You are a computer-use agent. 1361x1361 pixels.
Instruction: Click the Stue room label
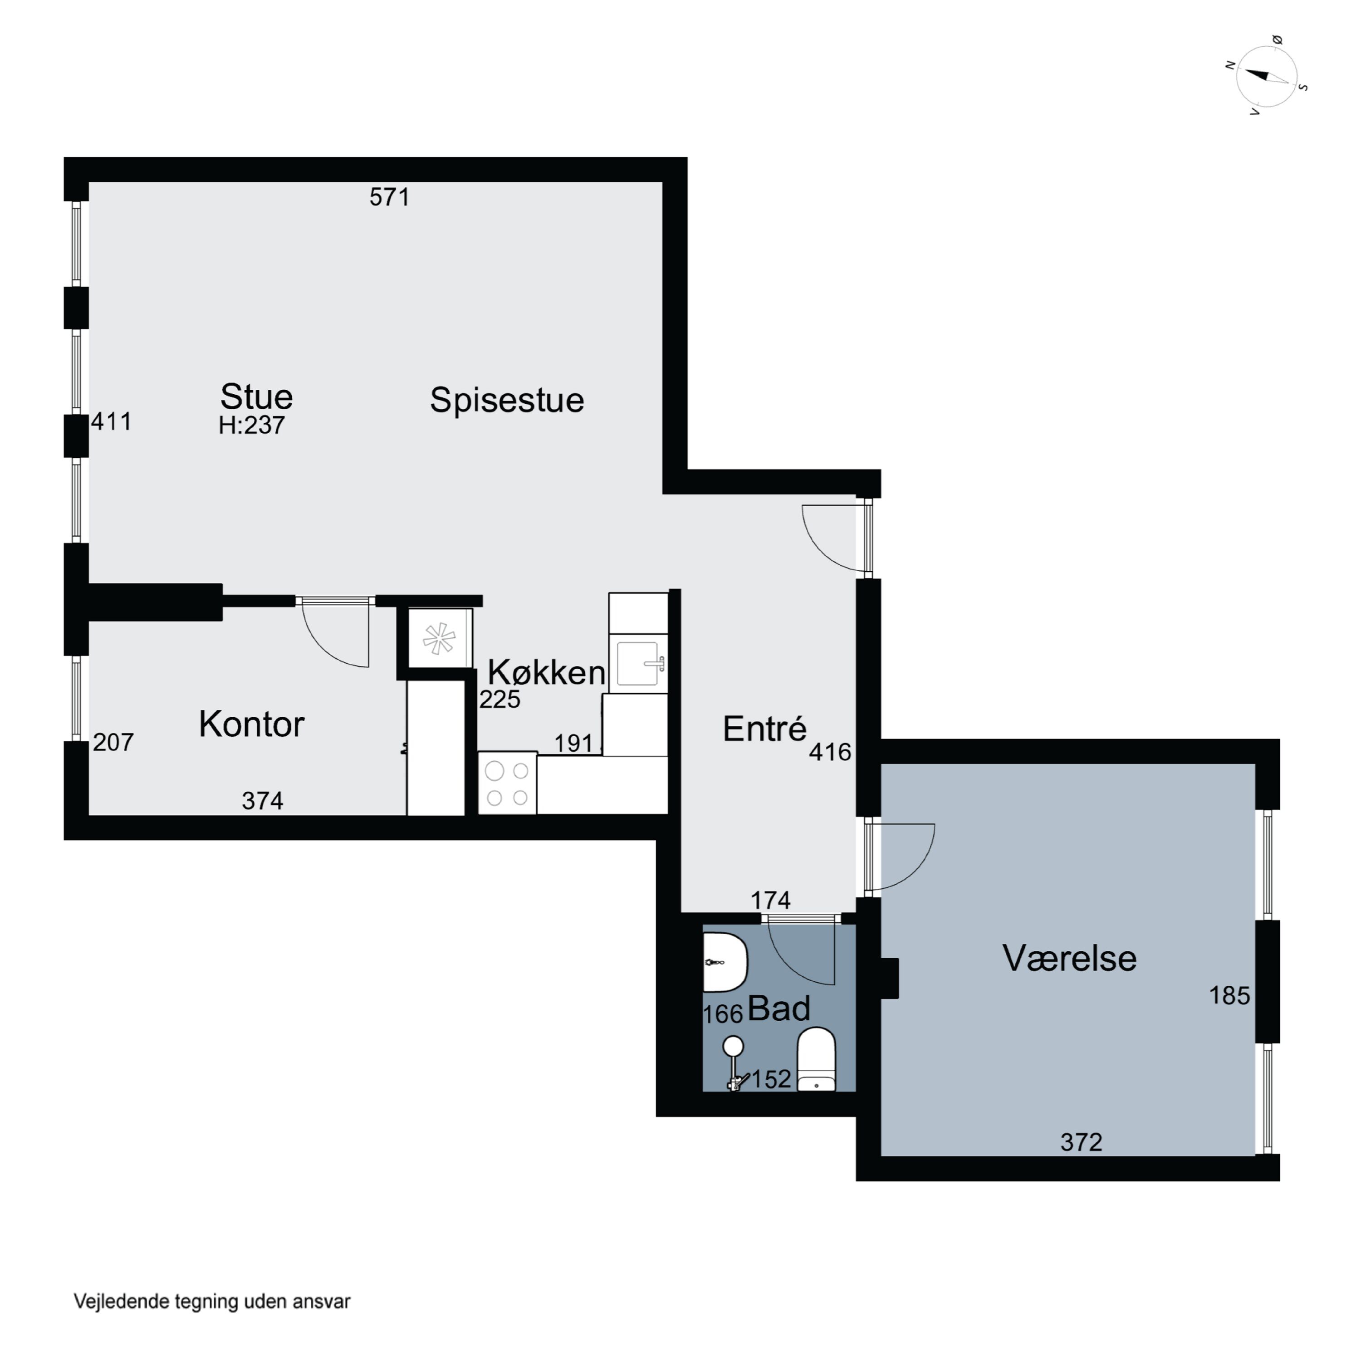click(x=256, y=397)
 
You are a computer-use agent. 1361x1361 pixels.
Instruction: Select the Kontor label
click(x=251, y=724)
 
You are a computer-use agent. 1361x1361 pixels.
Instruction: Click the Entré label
click(x=764, y=729)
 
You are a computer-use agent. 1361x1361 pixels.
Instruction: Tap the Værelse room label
click(x=1069, y=958)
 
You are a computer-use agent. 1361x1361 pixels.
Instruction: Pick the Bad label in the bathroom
click(x=778, y=1009)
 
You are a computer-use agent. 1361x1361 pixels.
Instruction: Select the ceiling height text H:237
click(x=251, y=426)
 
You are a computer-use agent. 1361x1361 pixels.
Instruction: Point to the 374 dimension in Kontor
click(x=262, y=801)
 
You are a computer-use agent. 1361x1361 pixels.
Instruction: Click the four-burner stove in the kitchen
click(x=507, y=783)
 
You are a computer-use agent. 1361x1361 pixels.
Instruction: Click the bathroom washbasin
click(x=724, y=962)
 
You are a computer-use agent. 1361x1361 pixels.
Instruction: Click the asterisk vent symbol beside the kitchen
click(x=438, y=639)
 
